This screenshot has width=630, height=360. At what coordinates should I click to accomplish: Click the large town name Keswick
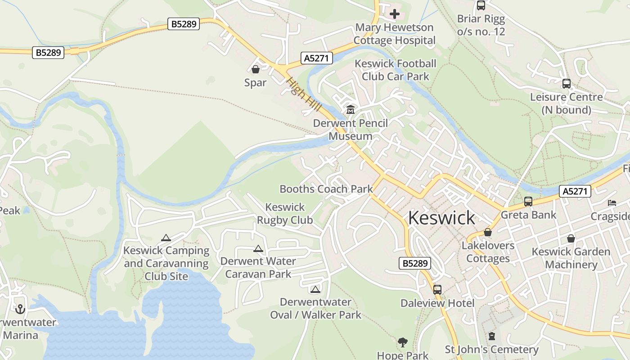[x=441, y=218]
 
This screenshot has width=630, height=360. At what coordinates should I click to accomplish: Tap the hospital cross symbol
[x=395, y=14]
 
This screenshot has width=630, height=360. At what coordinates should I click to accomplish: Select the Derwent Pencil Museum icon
[x=351, y=109]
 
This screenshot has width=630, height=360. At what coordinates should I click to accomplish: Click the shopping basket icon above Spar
[x=256, y=69]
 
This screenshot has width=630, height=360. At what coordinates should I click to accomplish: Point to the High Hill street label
[x=304, y=94]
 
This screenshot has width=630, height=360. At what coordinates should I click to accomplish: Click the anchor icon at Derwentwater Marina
[x=20, y=309]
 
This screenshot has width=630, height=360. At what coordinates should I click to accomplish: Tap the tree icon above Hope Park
[x=403, y=342]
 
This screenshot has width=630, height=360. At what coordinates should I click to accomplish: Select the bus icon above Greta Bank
[x=528, y=202]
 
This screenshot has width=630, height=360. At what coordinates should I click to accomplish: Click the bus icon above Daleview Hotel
[x=437, y=290]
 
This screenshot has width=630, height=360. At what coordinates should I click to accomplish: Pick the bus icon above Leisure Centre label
[x=566, y=84]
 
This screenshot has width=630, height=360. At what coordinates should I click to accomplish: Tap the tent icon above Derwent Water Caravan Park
[x=258, y=248]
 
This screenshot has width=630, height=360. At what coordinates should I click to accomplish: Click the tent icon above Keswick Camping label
[x=166, y=238]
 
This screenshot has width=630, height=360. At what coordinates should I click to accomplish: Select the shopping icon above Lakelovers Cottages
[x=487, y=233]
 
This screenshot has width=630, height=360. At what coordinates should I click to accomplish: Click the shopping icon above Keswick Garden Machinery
[x=571, y=238]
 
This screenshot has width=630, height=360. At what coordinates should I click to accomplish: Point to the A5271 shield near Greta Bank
[x=575, y=191]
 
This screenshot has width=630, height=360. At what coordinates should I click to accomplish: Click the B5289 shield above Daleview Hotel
[x=415, y=263]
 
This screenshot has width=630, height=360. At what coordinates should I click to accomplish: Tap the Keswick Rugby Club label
[x=285, y=214]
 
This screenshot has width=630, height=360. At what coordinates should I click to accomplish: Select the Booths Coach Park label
[x=326, y=189]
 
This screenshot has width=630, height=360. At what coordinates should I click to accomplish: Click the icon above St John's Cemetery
[x=491, y=336]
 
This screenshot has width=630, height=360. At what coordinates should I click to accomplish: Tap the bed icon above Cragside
[x=612, y=203]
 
